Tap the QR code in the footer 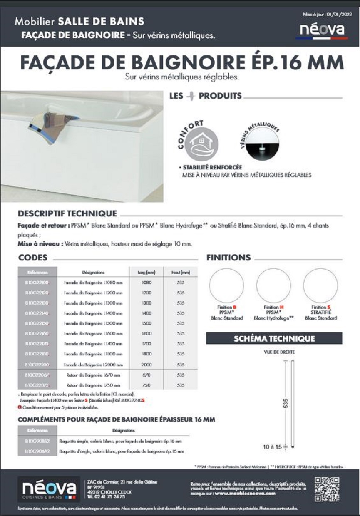tap(326, 489)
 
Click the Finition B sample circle tap(227, 285)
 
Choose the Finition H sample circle tap(273, 285)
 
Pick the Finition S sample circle tap(320, 285)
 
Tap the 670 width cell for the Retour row tap(146, 375)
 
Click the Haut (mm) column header tap(181, 273)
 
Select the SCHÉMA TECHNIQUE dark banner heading tap(274, 338)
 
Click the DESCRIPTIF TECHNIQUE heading tap(67, 213)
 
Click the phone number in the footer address tap(104, 496)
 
